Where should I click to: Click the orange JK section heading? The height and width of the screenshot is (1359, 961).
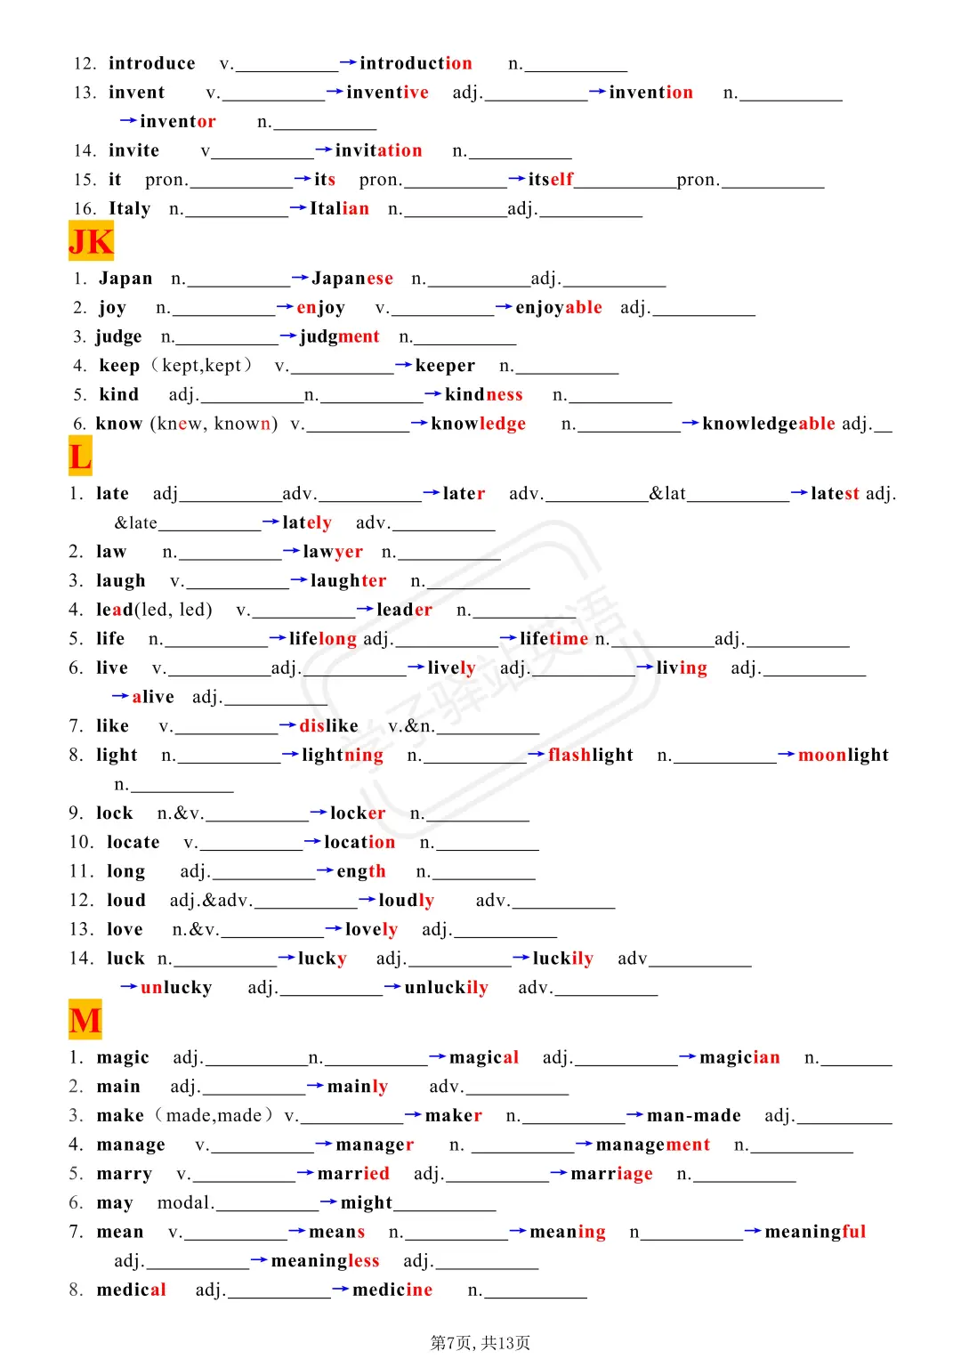(91, 241)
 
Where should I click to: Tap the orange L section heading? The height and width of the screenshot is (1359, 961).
(80, 456)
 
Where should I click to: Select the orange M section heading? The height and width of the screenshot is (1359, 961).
(85, 1020)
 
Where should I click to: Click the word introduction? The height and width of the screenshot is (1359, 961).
(416, 63)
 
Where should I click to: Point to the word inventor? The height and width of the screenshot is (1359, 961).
(177, 121)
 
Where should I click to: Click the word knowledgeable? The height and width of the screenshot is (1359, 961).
(768, 424)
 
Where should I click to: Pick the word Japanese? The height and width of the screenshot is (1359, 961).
(351, 279)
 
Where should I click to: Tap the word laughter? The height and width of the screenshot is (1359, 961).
(348, 581)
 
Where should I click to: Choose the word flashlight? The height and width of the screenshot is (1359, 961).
(590, 755)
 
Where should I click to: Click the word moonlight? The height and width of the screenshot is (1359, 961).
(843, 755)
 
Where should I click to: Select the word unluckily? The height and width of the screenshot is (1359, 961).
(446, 988)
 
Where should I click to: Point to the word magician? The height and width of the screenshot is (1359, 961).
(739, 1057)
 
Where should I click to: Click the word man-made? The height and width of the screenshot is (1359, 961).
(693, 1115)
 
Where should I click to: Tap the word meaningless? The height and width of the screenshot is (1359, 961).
(325, 1260)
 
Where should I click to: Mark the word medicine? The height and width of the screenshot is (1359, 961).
(392, 1290)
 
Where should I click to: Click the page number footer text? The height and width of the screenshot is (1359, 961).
(480, 1342)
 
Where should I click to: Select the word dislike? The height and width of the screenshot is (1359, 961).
(328, 726)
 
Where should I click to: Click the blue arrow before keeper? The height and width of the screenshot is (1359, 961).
(403, 365)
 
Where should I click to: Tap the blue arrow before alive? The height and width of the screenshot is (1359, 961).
(120, 696)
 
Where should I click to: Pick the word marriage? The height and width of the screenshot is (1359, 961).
(611, 1174)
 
